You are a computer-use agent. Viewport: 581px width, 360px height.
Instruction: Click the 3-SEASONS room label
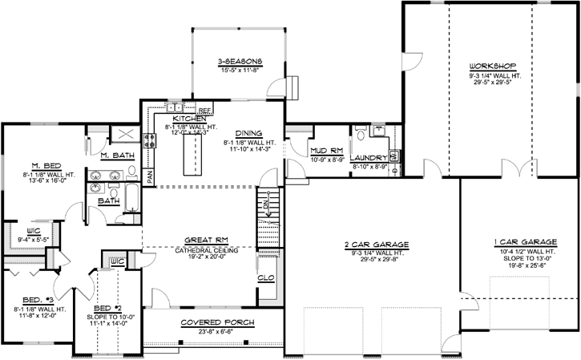[x=240, y=61]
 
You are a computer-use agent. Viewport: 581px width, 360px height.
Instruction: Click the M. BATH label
[x=117, y=155]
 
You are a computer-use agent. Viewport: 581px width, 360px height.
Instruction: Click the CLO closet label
[x=267, y=278]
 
